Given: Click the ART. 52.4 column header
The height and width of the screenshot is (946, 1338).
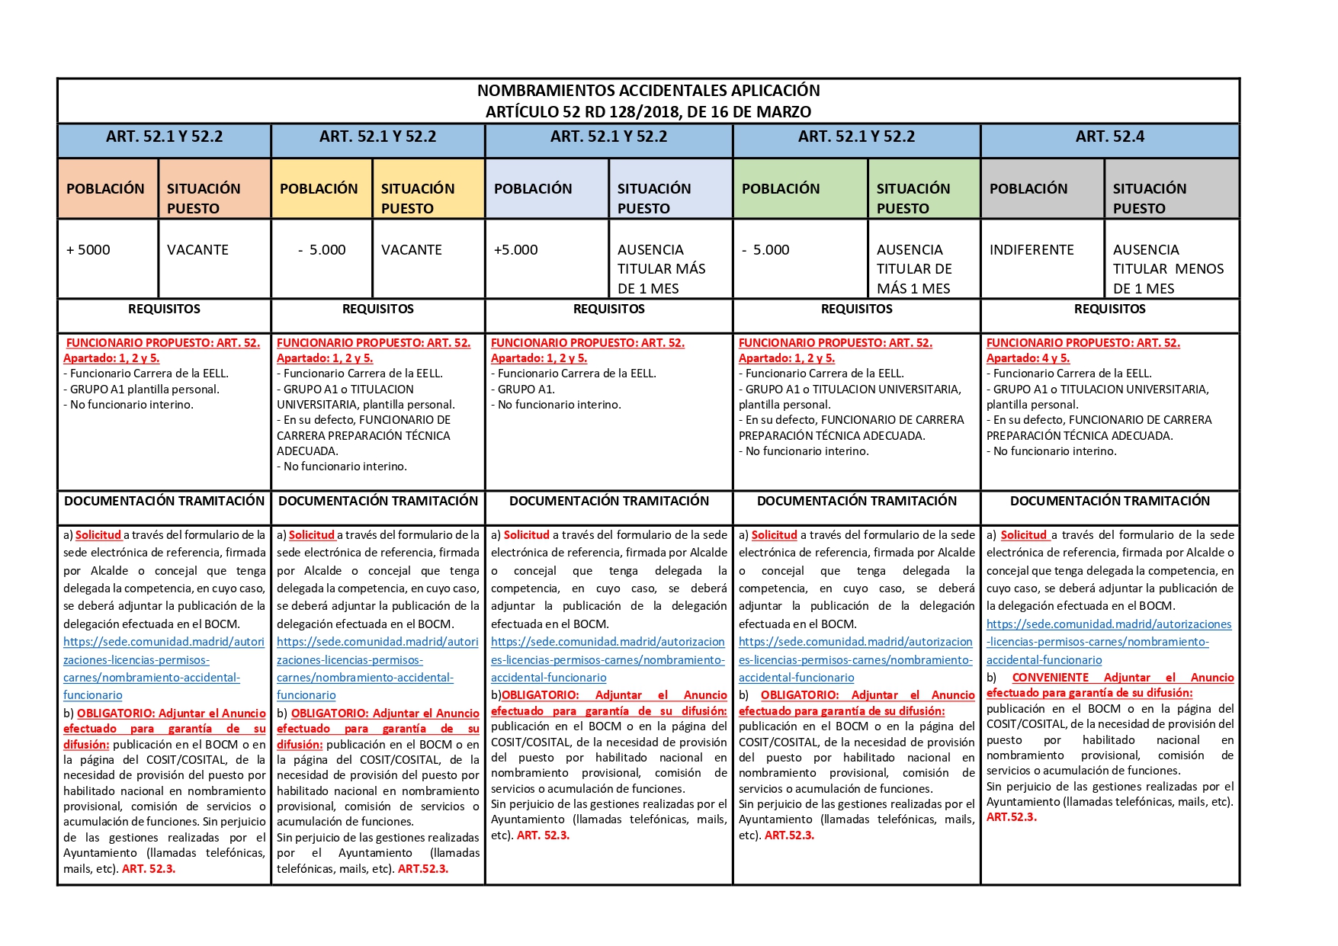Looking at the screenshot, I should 1109,137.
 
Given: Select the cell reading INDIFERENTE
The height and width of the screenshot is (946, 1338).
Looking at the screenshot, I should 1031,250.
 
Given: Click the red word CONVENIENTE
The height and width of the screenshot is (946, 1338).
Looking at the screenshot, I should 1050,678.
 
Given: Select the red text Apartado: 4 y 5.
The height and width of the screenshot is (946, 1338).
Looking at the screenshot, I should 1028,358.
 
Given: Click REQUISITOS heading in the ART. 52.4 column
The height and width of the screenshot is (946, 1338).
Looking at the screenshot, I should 1109,309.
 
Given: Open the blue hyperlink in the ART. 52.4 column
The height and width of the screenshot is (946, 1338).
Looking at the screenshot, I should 1109,643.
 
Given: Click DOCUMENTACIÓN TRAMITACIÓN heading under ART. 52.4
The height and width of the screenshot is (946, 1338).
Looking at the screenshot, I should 1109,502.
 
